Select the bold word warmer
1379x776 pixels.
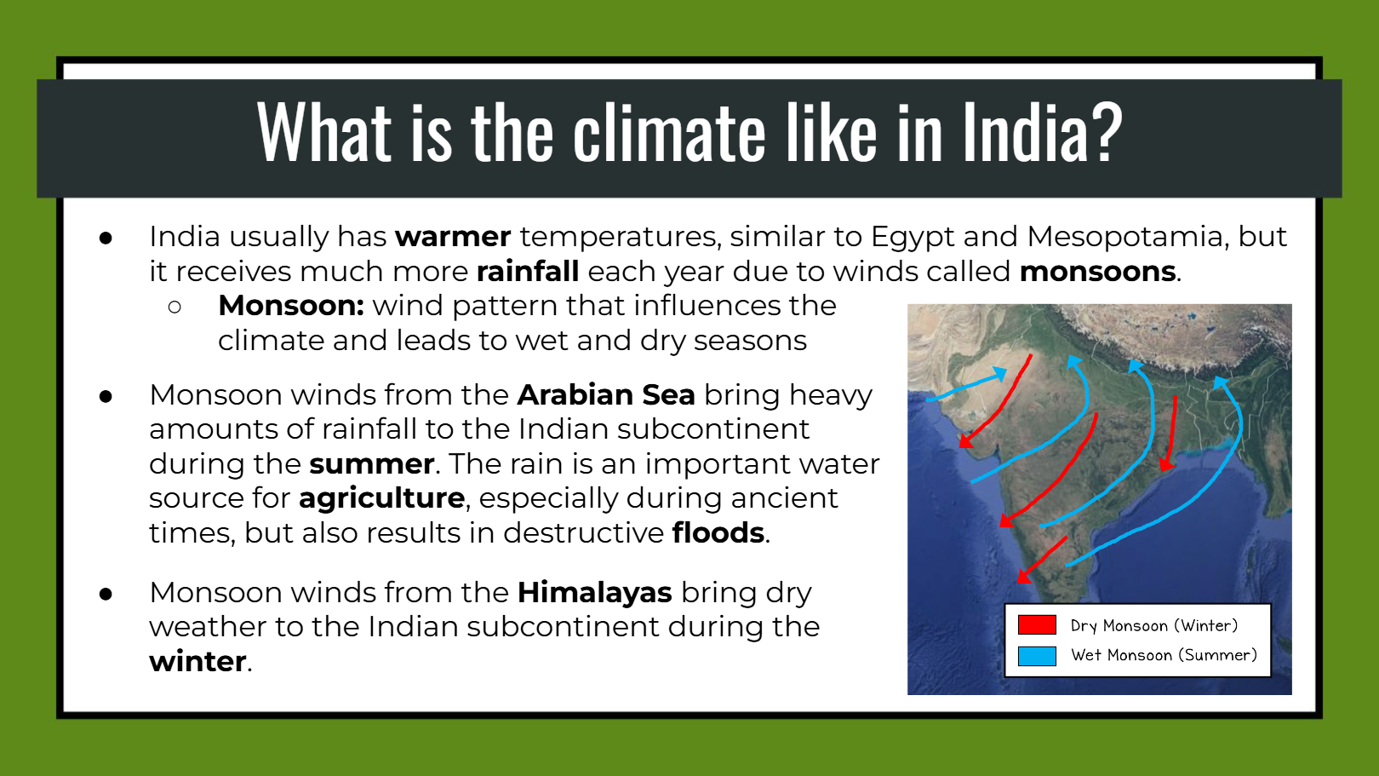453,237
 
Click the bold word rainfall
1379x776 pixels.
529,271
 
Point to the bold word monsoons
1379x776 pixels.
1097,272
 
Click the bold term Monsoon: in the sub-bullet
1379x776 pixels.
291,306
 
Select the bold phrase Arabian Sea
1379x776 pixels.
606,394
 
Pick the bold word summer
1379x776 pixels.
372,464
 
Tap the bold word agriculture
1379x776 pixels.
381,499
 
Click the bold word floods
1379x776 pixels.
718,532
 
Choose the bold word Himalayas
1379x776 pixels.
595,593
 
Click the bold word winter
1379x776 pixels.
197,662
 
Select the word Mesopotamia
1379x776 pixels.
1125,237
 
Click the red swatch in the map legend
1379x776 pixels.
1037,624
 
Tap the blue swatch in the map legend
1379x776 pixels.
1037,656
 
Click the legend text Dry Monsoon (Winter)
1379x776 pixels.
1154,626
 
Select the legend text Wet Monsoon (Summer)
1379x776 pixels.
1164,655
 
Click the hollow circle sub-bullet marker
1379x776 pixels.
175,307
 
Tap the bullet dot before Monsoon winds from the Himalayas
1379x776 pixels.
106,595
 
